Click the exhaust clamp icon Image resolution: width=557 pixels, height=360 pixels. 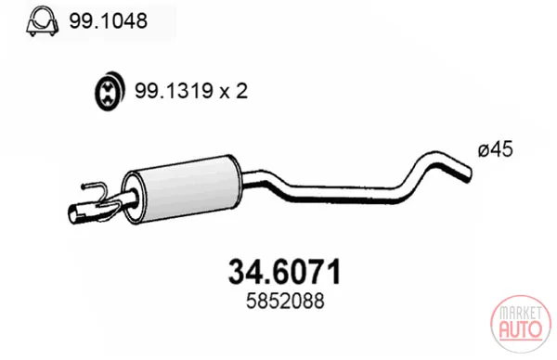coord(43,21)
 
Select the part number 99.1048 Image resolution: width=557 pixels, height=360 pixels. coord(108,21)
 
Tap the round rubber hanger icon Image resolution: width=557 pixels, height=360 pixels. coord(110,91)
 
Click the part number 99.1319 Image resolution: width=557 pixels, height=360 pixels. coord(174,91)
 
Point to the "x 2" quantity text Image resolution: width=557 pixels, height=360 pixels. coord(233,91)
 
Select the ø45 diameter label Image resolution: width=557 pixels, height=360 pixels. coord(496,149)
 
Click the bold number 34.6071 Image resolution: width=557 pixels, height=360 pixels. coord(285,272)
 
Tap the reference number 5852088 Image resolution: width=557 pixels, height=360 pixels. coord(285,301)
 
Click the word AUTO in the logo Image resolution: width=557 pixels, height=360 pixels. coord(521,329)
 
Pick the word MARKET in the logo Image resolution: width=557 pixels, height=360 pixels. coord(521,313)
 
